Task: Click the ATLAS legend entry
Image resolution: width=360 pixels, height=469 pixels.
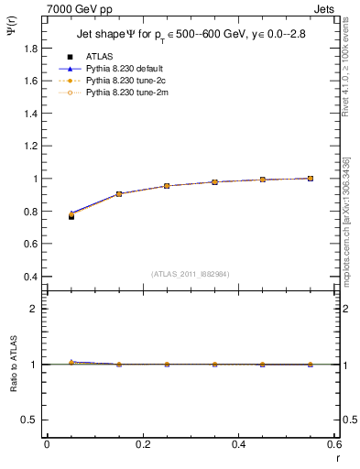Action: [100, 57]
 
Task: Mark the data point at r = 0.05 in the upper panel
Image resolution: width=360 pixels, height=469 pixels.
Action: [71, 216]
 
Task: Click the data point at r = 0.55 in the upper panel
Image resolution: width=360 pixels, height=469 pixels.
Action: [311, 179]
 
